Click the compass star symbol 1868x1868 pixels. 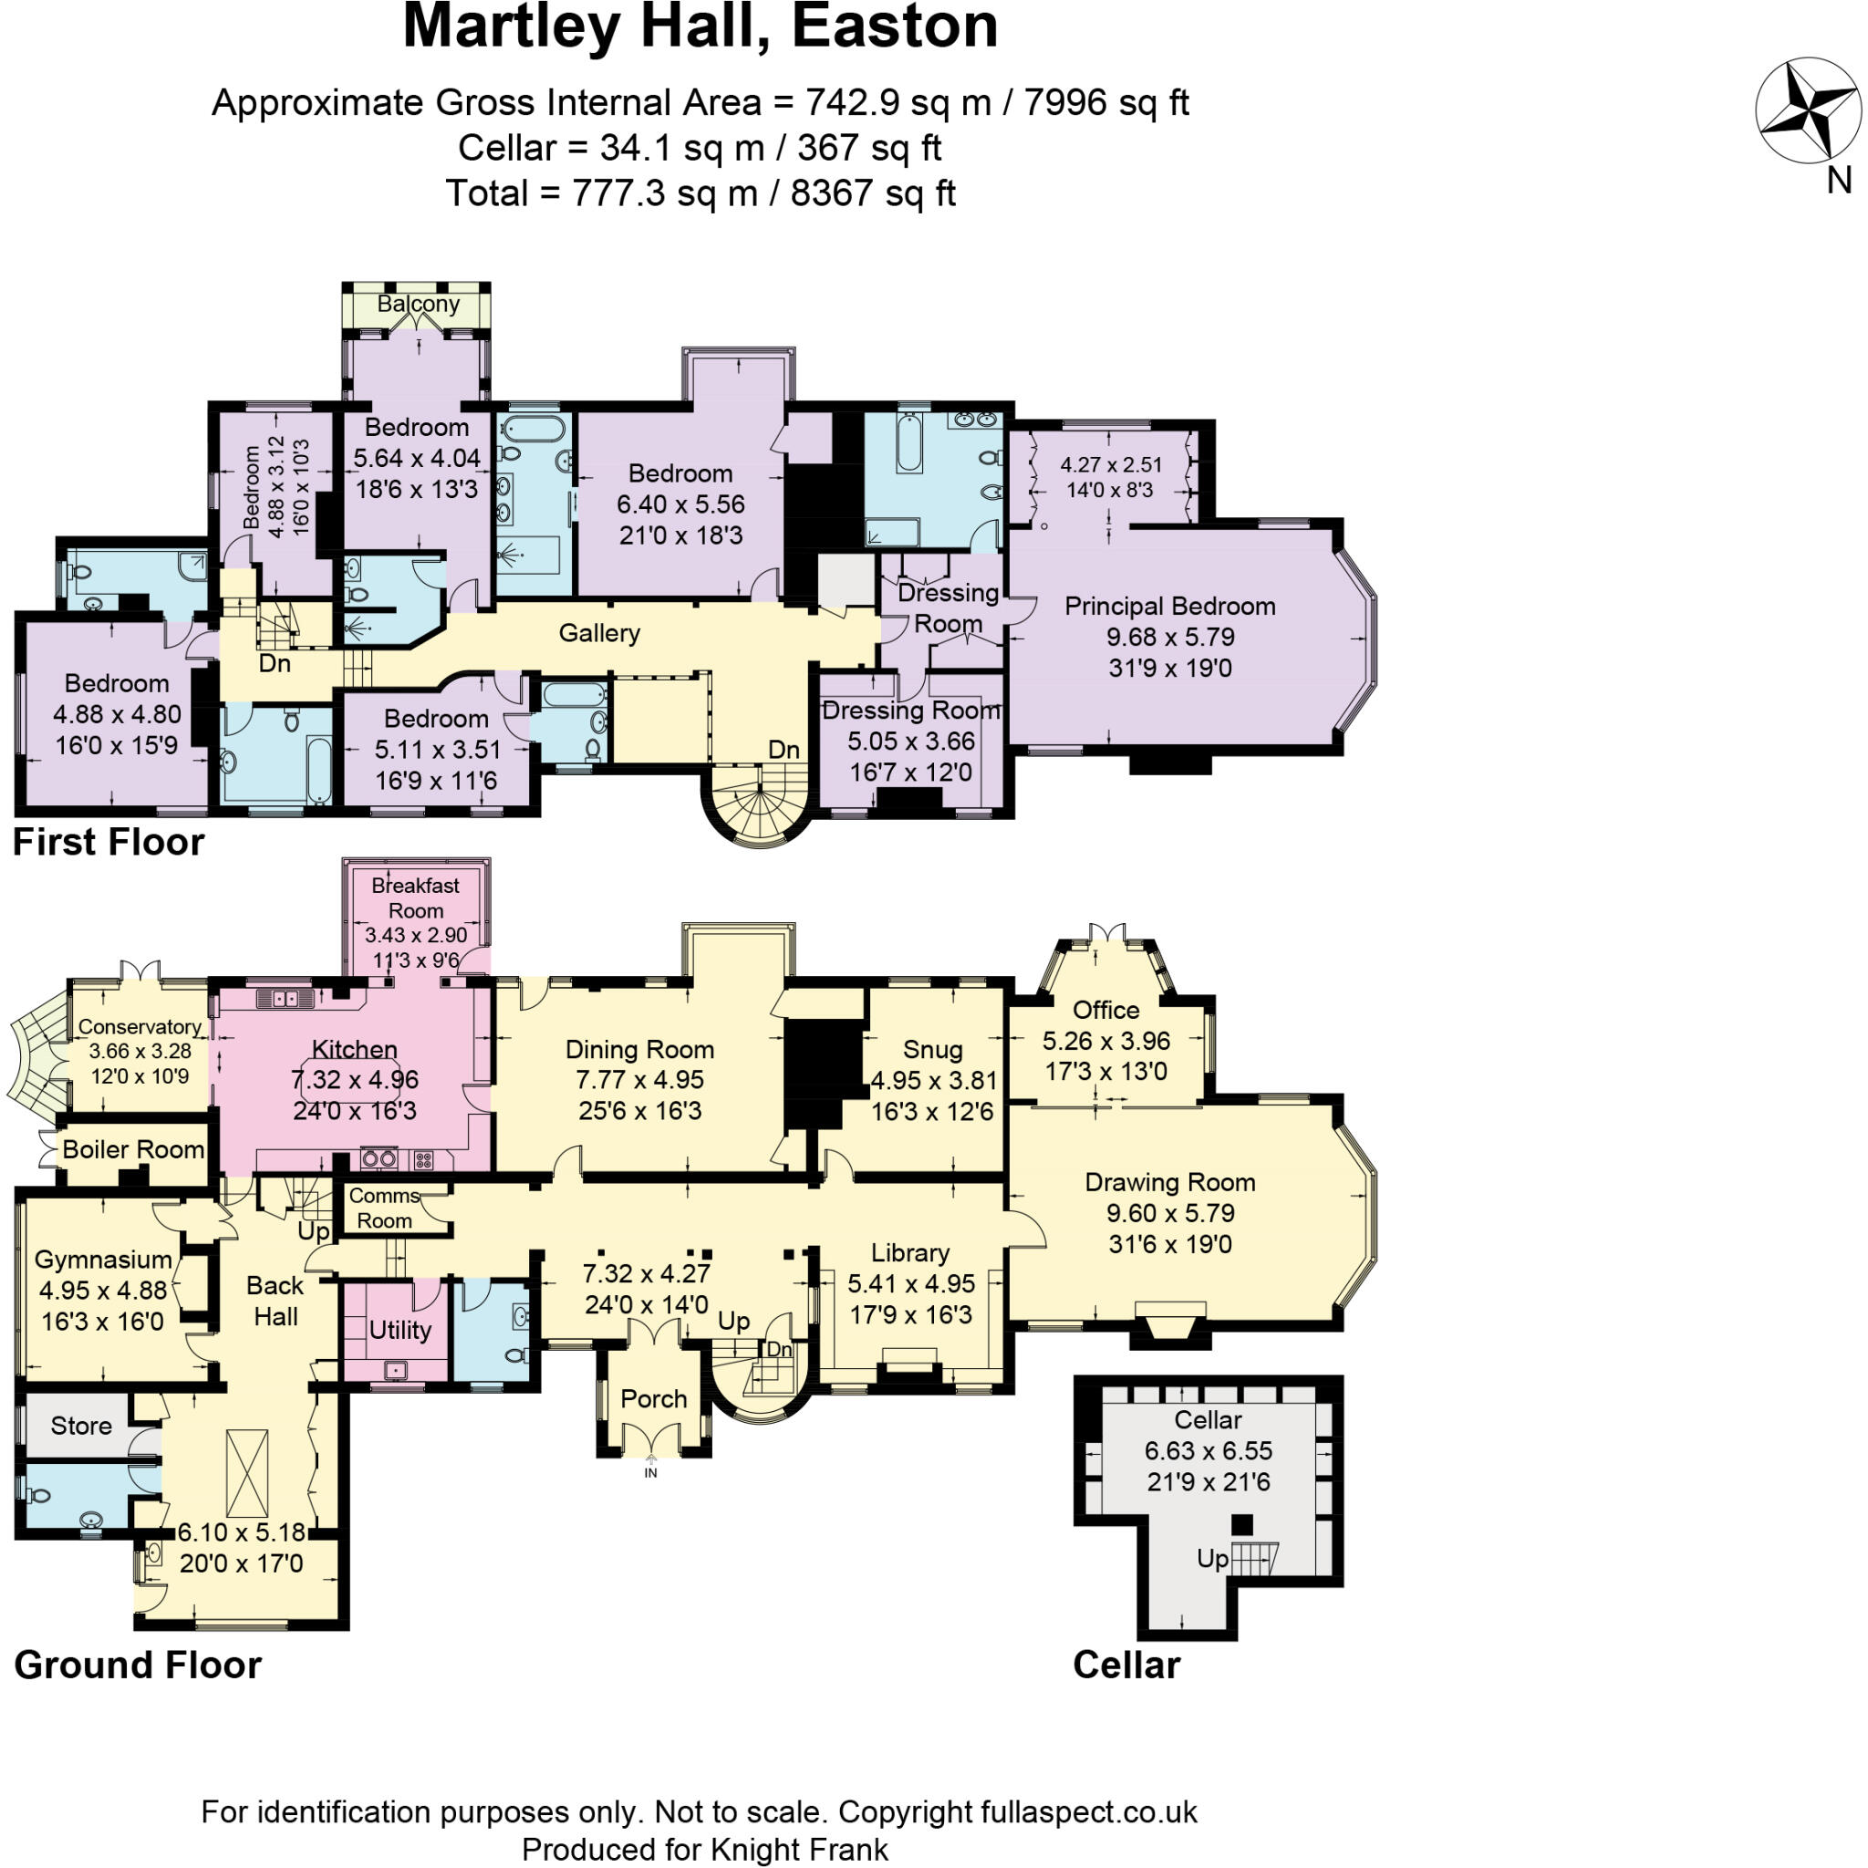[1807, 109]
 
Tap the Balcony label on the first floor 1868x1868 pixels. [418, 304]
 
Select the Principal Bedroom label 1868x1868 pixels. [1170, 607]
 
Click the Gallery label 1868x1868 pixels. [599, 633]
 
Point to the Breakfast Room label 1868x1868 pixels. [416, 898]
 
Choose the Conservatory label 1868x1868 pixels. [140, 1027]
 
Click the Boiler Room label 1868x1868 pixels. [133, 1149]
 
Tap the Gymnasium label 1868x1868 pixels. [102, 1260]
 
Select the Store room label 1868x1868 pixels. [81, 1427]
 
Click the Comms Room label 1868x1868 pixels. [385, 1209]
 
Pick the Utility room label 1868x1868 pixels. [400, 1331]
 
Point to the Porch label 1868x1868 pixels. [654, 1399]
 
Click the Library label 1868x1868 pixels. [909, 1253]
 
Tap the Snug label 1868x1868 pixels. [932, 1050]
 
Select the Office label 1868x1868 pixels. [1106, 1011]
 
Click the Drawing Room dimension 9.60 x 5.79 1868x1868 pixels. [1170, 1213]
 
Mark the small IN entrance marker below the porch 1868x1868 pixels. [650, 1472]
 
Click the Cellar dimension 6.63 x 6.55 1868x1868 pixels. [1208, 1451]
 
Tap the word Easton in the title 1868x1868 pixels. [895, 27]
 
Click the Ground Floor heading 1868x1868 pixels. [138, 1666]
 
